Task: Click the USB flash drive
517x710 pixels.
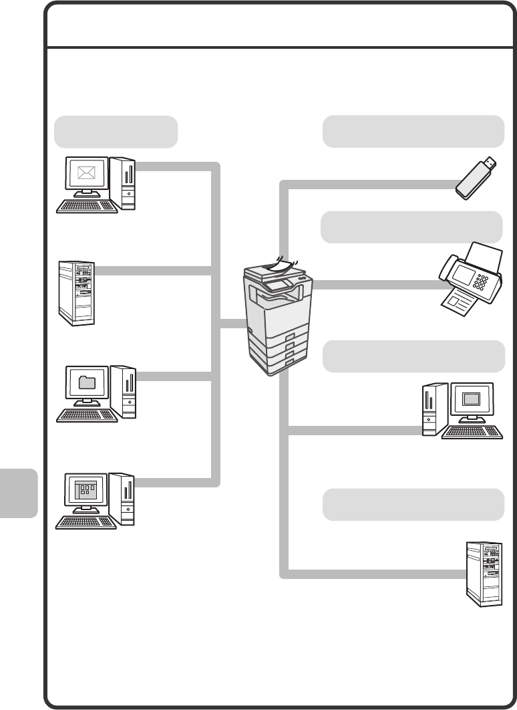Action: click(x=476, y=179)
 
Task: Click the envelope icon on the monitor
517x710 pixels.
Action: click(x=87, y=174)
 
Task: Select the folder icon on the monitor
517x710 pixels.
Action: click(x=87, y=383)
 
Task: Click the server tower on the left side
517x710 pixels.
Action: click(x=75, y=293)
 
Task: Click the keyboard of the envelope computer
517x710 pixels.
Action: click(x=87, y=207)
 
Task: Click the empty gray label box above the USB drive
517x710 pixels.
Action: click(x=413, y=130)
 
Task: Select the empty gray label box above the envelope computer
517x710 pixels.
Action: click(x=116, y=131)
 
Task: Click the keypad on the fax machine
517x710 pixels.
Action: click(x=483, y=282)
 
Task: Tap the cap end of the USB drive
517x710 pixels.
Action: click(x=489, y=162)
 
